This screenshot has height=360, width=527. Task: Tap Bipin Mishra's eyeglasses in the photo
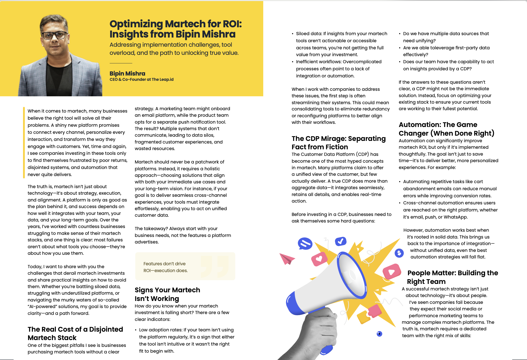coord(54,35)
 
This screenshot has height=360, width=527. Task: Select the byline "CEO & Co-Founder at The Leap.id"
coord(141,80)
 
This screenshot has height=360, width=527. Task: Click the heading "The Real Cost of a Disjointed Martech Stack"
coord(75,333)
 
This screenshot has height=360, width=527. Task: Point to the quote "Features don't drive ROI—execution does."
coord(165,267)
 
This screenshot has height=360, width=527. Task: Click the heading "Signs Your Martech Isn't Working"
coord(167,294)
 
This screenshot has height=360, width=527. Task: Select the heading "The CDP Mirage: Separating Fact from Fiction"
coord(338,142)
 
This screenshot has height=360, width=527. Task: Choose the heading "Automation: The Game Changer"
coord(446,129)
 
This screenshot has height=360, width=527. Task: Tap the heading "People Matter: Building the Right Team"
coord(452,277)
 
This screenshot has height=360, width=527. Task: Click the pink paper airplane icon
coord(287,259)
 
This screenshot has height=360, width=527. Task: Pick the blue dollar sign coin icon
coord(399,253)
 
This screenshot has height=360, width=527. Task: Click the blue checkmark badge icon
coord(341,241)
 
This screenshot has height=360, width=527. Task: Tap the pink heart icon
coord(319,259)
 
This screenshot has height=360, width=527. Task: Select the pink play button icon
coord(391,272)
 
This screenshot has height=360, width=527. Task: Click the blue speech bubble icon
coord(305,243)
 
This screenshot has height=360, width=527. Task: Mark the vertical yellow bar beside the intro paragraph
coord(24,142)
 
